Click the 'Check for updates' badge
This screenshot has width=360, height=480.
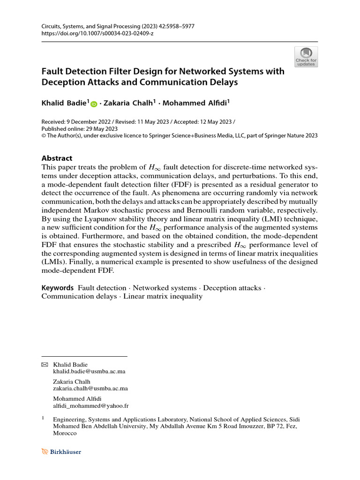[306, 57]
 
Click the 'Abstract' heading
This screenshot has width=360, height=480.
[57, 158]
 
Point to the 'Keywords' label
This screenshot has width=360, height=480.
[57, 287]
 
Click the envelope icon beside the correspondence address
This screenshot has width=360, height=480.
[45, 364]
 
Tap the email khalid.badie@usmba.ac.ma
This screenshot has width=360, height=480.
[90, 371]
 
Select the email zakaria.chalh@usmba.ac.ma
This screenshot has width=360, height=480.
[91, 389]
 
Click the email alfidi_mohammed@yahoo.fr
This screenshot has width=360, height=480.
[91, 406]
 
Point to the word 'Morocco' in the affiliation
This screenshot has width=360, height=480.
[65, 434]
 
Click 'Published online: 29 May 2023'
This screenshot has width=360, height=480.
[80, 128]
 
